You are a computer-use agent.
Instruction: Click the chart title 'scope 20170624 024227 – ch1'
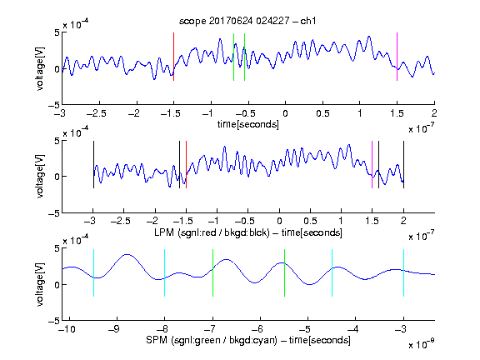click(x=247, y=21)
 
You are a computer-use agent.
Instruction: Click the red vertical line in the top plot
click(x=174, y=57)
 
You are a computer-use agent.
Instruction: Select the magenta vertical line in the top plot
click(x=397, y=57)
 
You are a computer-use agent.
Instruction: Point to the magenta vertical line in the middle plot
click(x=372, y=165)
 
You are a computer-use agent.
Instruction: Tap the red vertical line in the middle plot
click(x=186, y=165)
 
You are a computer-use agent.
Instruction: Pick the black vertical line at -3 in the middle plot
click(x=93, y=165)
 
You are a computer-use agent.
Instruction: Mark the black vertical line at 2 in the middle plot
click(x=404, y=165)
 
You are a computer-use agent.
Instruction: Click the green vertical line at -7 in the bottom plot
click(x=212, y=272)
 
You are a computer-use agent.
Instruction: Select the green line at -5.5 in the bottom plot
click(x=285, y=272)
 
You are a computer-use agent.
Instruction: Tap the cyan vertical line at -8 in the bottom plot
click(x=165, y=272)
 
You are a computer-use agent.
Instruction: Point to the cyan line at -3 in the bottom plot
click(x=404, y=272)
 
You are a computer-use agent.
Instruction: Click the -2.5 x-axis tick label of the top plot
click(x=96, y=113)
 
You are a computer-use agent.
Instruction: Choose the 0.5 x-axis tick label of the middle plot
click(x=310, y=221)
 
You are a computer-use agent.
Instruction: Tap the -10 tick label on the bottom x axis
click(x=67, y=329)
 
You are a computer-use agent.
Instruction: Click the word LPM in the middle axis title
click(x=164, y=232)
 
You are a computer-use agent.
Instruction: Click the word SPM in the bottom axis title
click(x=157, y=340)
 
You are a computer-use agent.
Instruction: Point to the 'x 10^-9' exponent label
click(x=421, y=344)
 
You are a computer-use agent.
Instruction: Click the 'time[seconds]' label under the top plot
click(x=248, y=124)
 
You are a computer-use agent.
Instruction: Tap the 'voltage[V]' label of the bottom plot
click(x=40, y=284)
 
